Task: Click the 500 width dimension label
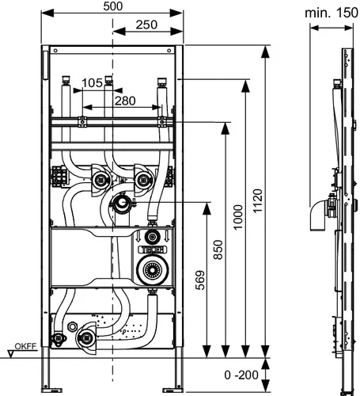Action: click(x=113, y=6)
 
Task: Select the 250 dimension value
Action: click(x=146, y=25)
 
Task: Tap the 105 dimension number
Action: click(x=92, y=83)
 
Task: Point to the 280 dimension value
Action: click(x=125, y=101)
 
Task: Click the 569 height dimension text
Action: click(x=200, y=280)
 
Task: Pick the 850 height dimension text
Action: click(x=218, y=249)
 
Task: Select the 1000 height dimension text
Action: click(x=238, y=217)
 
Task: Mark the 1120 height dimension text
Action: click(x=258, y=200)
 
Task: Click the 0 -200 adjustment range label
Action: click(x=241, y=375)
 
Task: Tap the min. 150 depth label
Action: click(x=332, y=13)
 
